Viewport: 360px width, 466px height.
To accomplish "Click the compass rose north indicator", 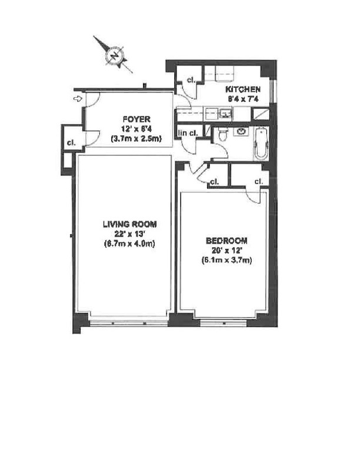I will pos(114,56).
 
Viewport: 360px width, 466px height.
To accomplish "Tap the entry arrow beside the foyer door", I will pos(76,99).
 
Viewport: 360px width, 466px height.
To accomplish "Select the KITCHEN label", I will pos(243,89).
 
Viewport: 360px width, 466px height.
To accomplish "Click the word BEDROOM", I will pos(226,241).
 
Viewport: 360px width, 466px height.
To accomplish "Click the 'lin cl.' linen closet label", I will pos(188,132).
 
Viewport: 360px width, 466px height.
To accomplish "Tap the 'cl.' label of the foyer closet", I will pos(70,143).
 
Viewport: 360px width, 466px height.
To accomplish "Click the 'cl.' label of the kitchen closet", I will pos(191,81).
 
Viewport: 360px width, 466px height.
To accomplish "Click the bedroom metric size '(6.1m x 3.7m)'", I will pos(226,259).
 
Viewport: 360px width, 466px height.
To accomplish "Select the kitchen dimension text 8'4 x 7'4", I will pos(243,99).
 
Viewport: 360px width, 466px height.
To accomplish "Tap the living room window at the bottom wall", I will pos(128,322).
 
